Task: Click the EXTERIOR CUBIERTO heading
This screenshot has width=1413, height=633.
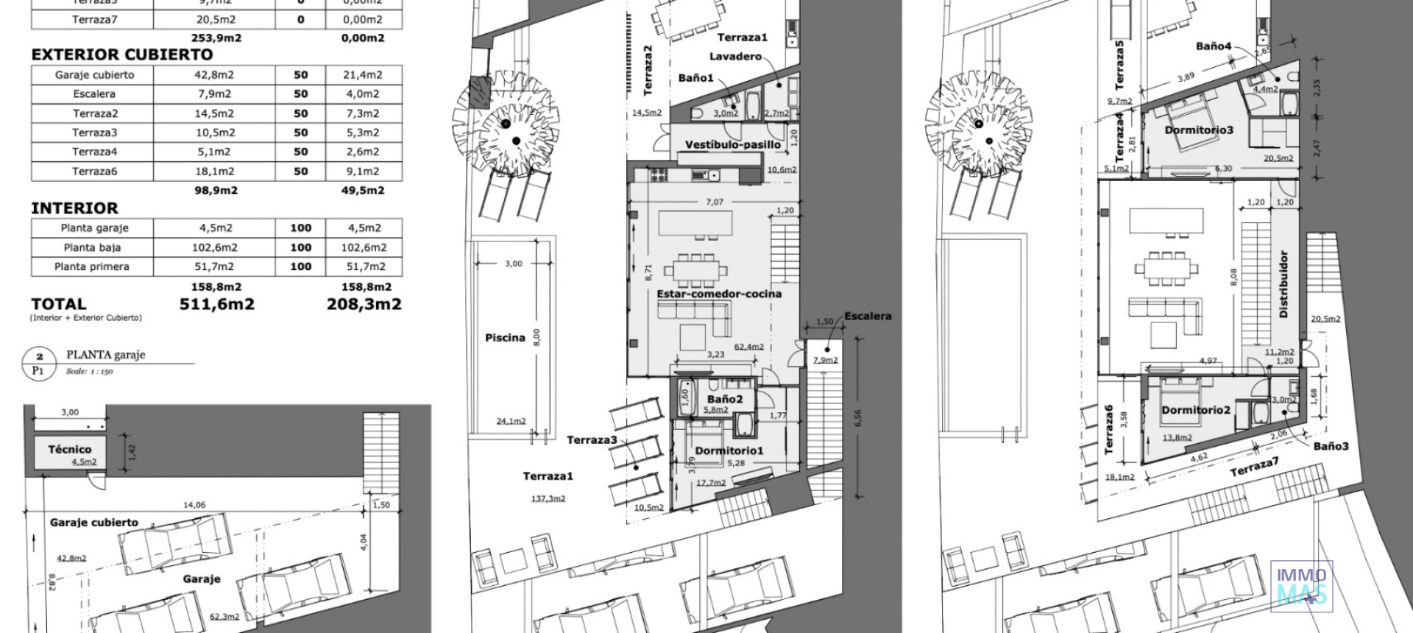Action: pyautogui.click(x=121, y=54)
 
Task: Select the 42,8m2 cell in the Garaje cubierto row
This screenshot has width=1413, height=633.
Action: pyautogui.click(x=213, y=74)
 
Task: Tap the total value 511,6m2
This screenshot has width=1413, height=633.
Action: pyautogui.click(x=216, y=304)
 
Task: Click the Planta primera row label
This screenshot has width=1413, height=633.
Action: pyautogui.click(x=91, y=266)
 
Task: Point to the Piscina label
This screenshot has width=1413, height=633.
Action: pyautogui.click(x=505, y=338)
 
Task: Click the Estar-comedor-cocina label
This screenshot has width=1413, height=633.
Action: pyautogui.click(x=718, y=294)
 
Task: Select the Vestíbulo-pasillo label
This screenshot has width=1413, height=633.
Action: pyautogui.click(x=732, y=144)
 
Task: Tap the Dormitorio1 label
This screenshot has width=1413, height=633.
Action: pyautogui.click(x=729, y=450)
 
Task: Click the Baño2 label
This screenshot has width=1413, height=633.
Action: pyautogui.click(x=724, y=399)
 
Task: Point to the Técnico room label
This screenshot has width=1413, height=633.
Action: pyautogui.click(x=70, y=449)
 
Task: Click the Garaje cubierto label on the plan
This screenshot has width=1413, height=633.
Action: pyautogui.click(x=93, y=522)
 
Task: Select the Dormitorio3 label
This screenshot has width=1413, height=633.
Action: pyautogui.click(x=1198, y=130)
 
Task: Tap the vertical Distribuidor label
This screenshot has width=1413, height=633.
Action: pyautogui.click(x=1283, y=284)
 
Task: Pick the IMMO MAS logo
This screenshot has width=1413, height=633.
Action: pyautogui.click(x=1301, y=587)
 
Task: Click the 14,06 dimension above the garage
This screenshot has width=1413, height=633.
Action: pyautogui.click(x=194, y=505)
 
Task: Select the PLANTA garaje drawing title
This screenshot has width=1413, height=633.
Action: pyautogui.click(x=106, y=355)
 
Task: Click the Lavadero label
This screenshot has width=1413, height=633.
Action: pyautogui.click(x=734, y=57)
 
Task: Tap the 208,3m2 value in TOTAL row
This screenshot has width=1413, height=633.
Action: pyautogui.click(x=364, y=304)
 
